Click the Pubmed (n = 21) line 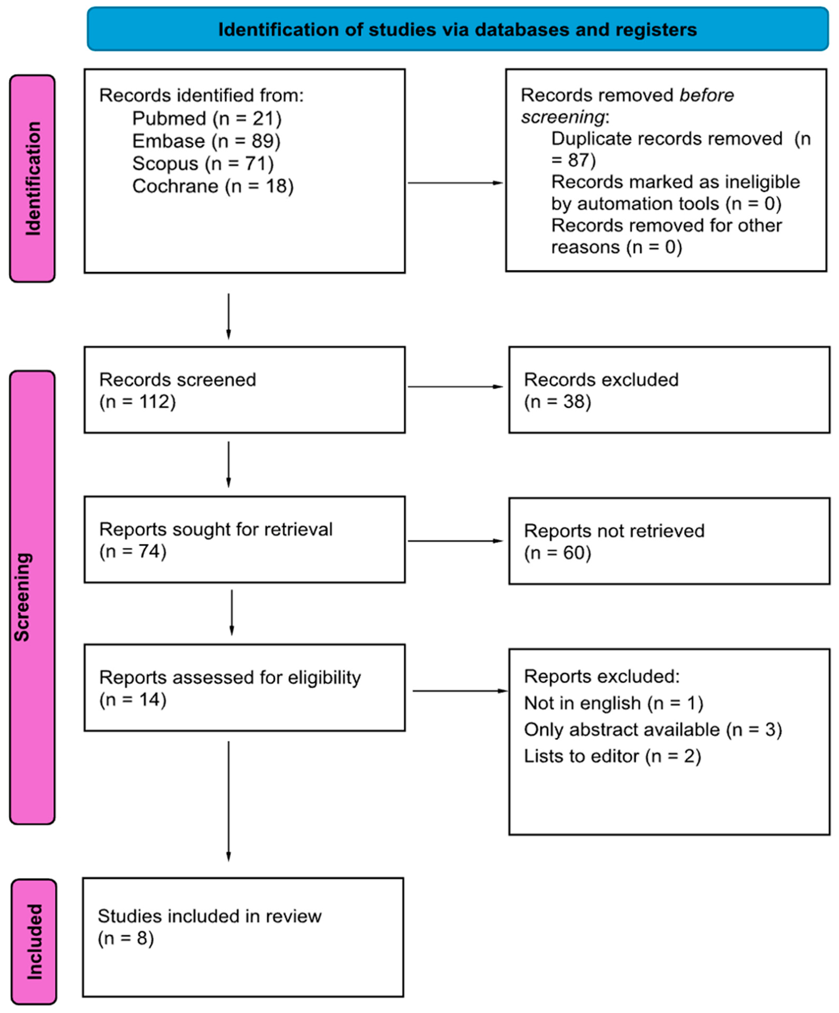206,118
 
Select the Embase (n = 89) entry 206,141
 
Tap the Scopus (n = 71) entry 202,164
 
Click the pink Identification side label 32,178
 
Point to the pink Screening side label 32,597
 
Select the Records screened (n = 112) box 245,390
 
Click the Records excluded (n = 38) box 669,390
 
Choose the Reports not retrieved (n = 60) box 669,541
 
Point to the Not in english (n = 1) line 613,703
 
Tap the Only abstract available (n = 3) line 652,729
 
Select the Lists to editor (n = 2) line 612,756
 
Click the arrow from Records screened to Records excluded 455,386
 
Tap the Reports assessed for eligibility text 229,678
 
